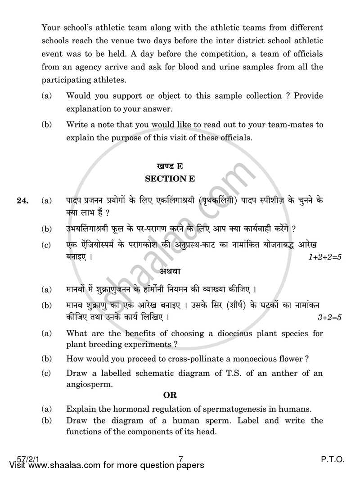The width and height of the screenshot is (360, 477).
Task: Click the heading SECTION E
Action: click(x=170, y=179)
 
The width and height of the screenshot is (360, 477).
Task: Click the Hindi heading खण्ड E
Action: click(x=170, y=165)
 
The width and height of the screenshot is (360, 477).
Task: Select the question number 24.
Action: click(x=22, y=201)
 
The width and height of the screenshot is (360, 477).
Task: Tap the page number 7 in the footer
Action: click(x=180, y=459)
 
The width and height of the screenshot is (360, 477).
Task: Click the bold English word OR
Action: click(x=170, y=395)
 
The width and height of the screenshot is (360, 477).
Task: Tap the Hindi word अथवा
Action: click(x=170, y=271)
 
